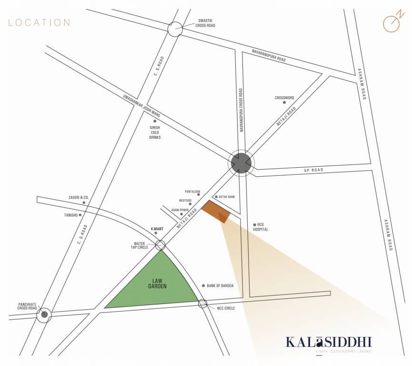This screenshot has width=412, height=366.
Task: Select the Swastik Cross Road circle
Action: tap(175, 29)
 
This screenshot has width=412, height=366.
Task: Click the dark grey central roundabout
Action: tap(241, 163)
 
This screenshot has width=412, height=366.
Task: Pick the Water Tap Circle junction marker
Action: tap(160, 245)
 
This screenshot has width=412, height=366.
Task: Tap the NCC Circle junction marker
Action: tap(203, 303)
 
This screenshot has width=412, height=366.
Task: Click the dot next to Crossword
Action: tap(284, 102)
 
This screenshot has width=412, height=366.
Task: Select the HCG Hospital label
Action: tap(261, 227)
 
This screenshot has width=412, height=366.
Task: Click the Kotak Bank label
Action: tap(227, 197)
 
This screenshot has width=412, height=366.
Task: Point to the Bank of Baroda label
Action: tap(221, 285)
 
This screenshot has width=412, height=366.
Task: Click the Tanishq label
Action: tap(70, 215)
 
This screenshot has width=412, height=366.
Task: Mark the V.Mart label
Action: tap(157, 229)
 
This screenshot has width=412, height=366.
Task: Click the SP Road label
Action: tap(313, 170)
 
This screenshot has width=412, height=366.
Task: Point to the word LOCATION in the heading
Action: tap(39, 22)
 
